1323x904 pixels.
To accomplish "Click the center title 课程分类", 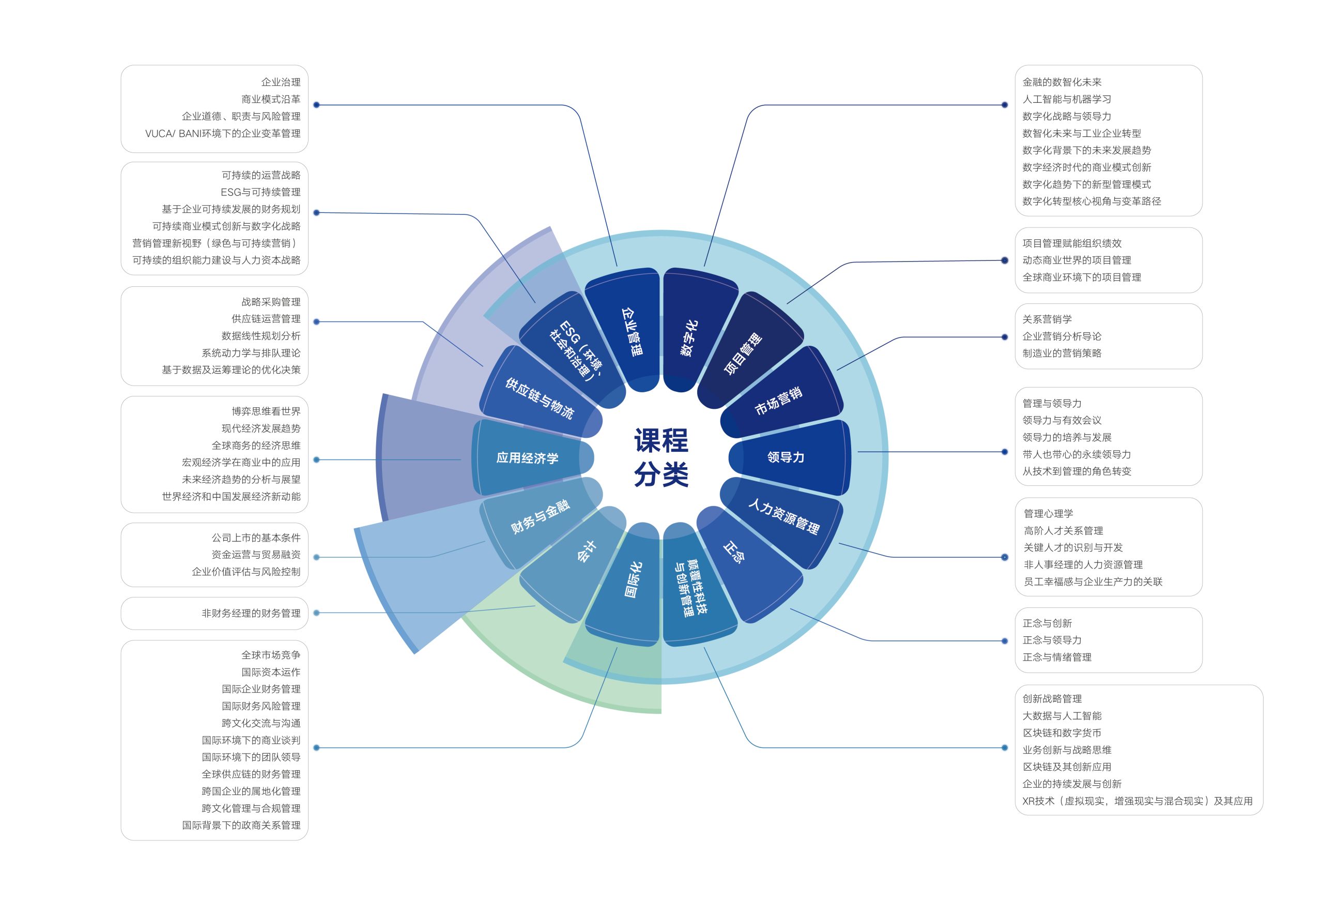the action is pyautogui.click(x=661, y=457).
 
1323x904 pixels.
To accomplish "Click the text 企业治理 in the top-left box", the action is pyautogui.click(x=281, y=82).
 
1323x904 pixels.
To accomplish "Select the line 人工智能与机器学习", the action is pyautogui.click(x=1066, y=99).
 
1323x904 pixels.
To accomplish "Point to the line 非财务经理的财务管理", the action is pyautogui.click(x=251, y=613).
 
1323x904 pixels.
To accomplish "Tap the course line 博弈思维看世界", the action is pyautogui.click(x=266, y=411).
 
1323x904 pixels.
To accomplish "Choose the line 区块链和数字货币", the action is pyautogui.click(x=1062, y=732).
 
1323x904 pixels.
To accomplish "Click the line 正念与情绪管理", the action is pyautogui.click(x=1056, y=657).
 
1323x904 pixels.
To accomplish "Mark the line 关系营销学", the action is pyautogui.click(x=1047, y=319).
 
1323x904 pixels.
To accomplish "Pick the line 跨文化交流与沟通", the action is pyautogui.click(x=261, y=723).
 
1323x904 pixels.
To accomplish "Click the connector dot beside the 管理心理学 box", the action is pyautogui.click(x=1005, y=557).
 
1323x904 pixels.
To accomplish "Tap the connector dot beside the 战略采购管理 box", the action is pyautogui.click(x=316, y=321).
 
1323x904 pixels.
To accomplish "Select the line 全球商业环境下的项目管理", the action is pyautogui.click(x=1082, y=277).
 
